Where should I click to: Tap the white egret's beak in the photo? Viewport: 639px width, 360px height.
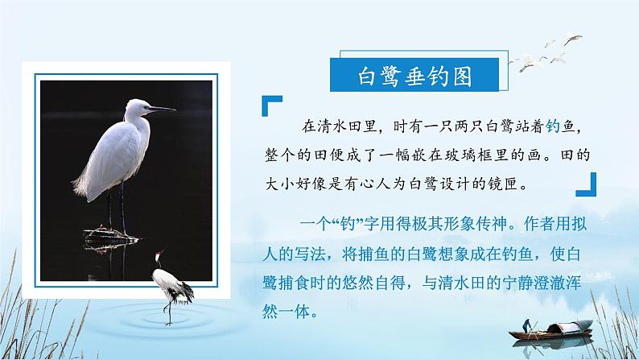(x=162, y=109)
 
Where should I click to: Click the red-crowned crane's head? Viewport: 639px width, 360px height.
(x=160, y=253)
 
